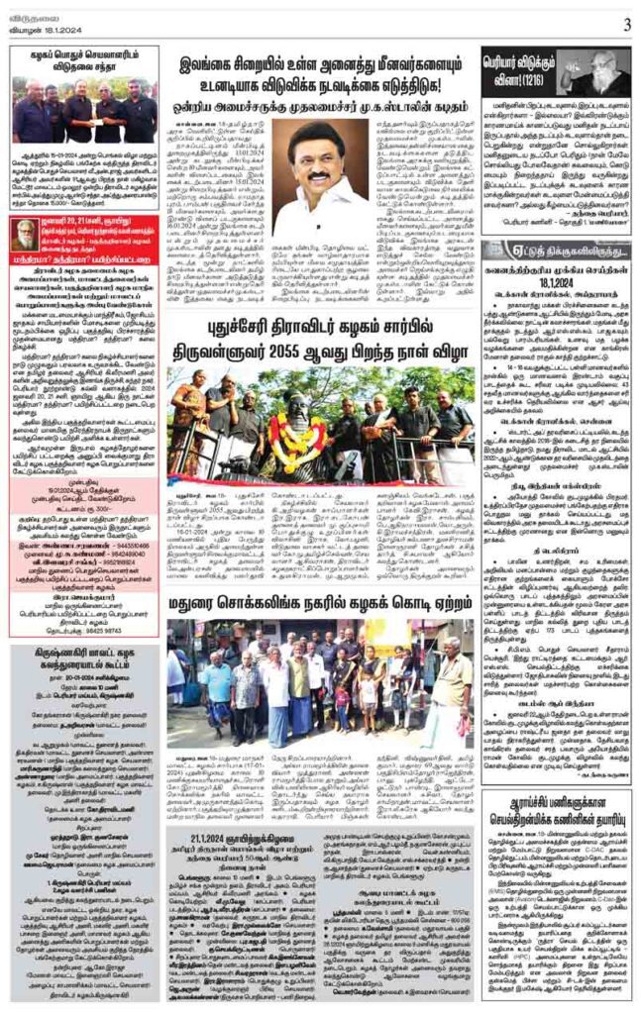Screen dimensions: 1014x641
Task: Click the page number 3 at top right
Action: pyautogui.click(x=627, y=24)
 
